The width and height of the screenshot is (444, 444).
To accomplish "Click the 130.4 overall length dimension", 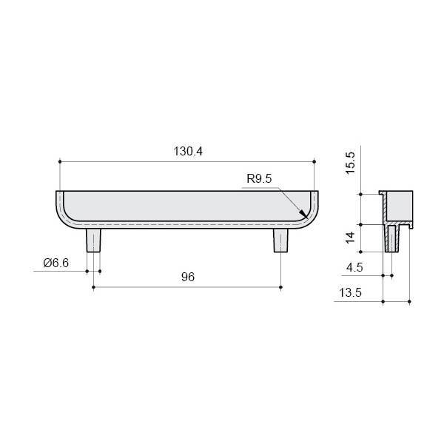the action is [x=188, y=151].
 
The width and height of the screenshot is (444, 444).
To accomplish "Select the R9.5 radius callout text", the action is [x=259, y=178].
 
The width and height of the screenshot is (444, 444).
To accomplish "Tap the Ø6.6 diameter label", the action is [x=56, y=263].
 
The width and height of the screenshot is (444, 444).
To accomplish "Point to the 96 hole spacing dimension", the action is [x=188, y=277].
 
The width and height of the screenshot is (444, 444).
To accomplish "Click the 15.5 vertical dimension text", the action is [x=350, y=163].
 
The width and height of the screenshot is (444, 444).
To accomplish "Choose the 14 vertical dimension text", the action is [x=350, y=238].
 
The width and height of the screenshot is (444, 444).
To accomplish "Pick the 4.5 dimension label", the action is [x=354, y=267].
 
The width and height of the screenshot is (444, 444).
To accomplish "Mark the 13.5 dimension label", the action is [x=350, y=292].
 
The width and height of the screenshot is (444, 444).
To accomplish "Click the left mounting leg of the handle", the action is [x=93, y=240].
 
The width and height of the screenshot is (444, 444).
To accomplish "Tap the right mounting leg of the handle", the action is [x=280, y=240].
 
